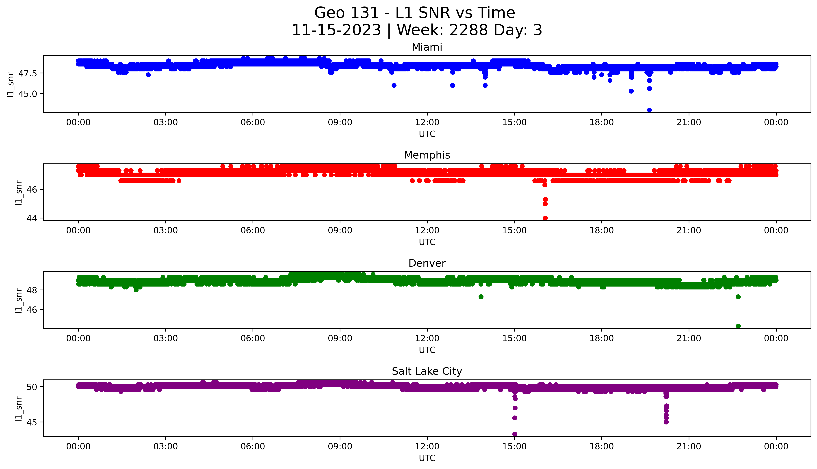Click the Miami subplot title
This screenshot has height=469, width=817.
(427, 47)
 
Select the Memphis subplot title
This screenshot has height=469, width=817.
(427, 155)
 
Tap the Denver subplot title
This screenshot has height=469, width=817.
(427, 263)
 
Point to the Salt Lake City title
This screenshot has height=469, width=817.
(427, 371)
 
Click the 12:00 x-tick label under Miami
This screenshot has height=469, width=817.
(427, 122)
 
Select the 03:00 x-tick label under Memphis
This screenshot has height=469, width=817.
(166, 230)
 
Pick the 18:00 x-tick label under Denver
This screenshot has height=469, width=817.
(601, 338)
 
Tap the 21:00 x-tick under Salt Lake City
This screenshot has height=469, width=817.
(689, 446)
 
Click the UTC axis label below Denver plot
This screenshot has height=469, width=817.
(427, 350)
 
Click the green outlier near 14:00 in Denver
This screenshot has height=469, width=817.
(481, 297)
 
